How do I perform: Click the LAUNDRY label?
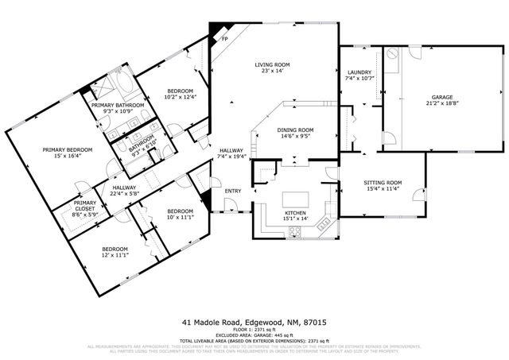pyautogui.click(x=359, y=72)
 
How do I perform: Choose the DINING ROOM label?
pyautogui.click(x=295, y=130)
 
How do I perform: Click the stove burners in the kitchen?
pyautogui.click(x=295, y=231)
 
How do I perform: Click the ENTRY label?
pyautogui.click(x=233, y=191)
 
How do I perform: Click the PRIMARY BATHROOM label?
pyautogui.click(x=118, y=105)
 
